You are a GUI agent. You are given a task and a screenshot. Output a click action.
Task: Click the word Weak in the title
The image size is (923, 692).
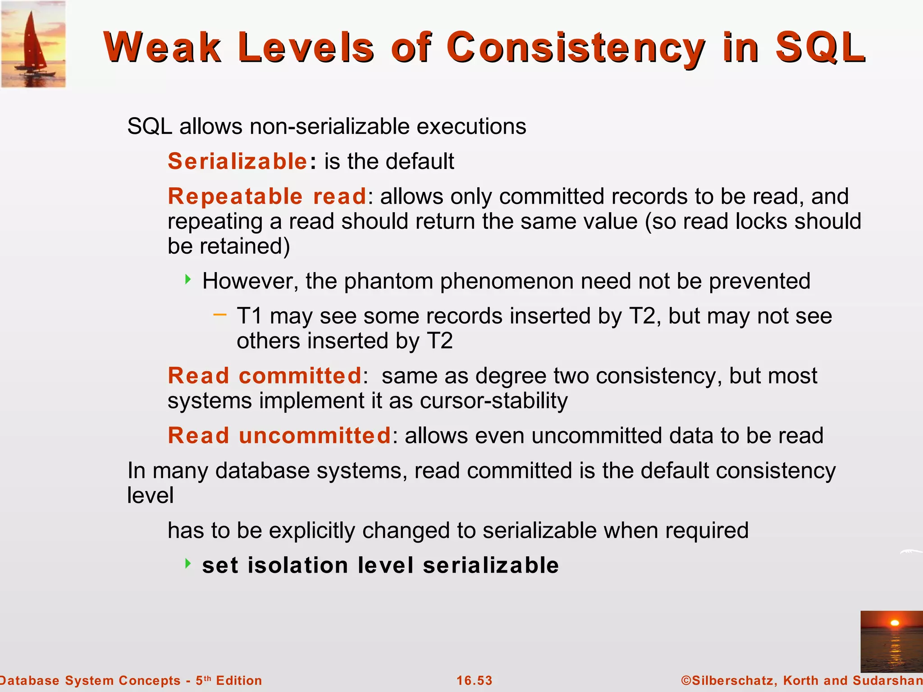pos(162,47)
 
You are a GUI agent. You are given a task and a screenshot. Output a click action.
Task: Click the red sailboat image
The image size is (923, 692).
pos(33,44)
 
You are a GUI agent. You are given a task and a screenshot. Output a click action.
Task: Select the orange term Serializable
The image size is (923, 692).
pos(238,161)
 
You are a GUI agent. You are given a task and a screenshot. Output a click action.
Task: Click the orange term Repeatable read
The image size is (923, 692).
pos(267,196)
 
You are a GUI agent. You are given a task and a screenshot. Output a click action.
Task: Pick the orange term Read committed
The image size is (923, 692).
pos(265,376)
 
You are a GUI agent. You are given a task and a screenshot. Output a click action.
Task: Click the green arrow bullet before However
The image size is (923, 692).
pos(188,279)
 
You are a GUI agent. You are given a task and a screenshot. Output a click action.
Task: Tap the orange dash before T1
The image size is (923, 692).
pos(219,314)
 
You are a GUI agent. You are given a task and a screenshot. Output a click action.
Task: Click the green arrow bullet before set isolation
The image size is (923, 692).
pos(188,563)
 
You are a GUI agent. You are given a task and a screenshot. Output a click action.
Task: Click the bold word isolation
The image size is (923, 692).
pos(298,565)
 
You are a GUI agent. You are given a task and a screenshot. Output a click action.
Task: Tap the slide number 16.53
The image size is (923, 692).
pos(474,680)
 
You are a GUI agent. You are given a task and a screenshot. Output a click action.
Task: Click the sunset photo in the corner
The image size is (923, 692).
pos(891,641)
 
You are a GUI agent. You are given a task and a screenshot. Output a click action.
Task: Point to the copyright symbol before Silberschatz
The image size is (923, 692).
pos(686,680)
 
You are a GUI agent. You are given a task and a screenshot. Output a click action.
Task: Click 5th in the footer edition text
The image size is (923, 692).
pos(203,680)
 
